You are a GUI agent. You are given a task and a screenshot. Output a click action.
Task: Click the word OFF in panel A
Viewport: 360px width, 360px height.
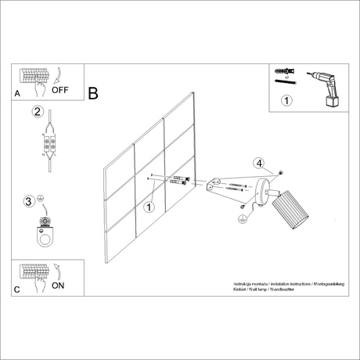coord(60,90)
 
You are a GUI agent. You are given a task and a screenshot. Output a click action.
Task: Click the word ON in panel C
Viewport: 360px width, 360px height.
coord(58,286)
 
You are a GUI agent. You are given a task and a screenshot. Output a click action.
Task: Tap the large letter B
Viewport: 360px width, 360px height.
coord(94,93)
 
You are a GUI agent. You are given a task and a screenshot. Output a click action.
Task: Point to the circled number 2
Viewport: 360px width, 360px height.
coord(37,112)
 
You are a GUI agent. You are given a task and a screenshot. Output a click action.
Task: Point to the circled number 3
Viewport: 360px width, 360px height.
coord(29,201)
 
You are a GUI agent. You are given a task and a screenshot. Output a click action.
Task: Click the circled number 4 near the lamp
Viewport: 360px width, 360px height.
coord(259,164)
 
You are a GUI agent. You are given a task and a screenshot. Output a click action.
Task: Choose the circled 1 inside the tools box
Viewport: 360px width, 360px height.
coord(286,100)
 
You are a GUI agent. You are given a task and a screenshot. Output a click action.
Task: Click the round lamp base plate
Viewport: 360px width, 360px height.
coord(268,192)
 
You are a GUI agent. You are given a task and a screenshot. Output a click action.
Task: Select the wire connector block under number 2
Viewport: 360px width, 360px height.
coord(52,146)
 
